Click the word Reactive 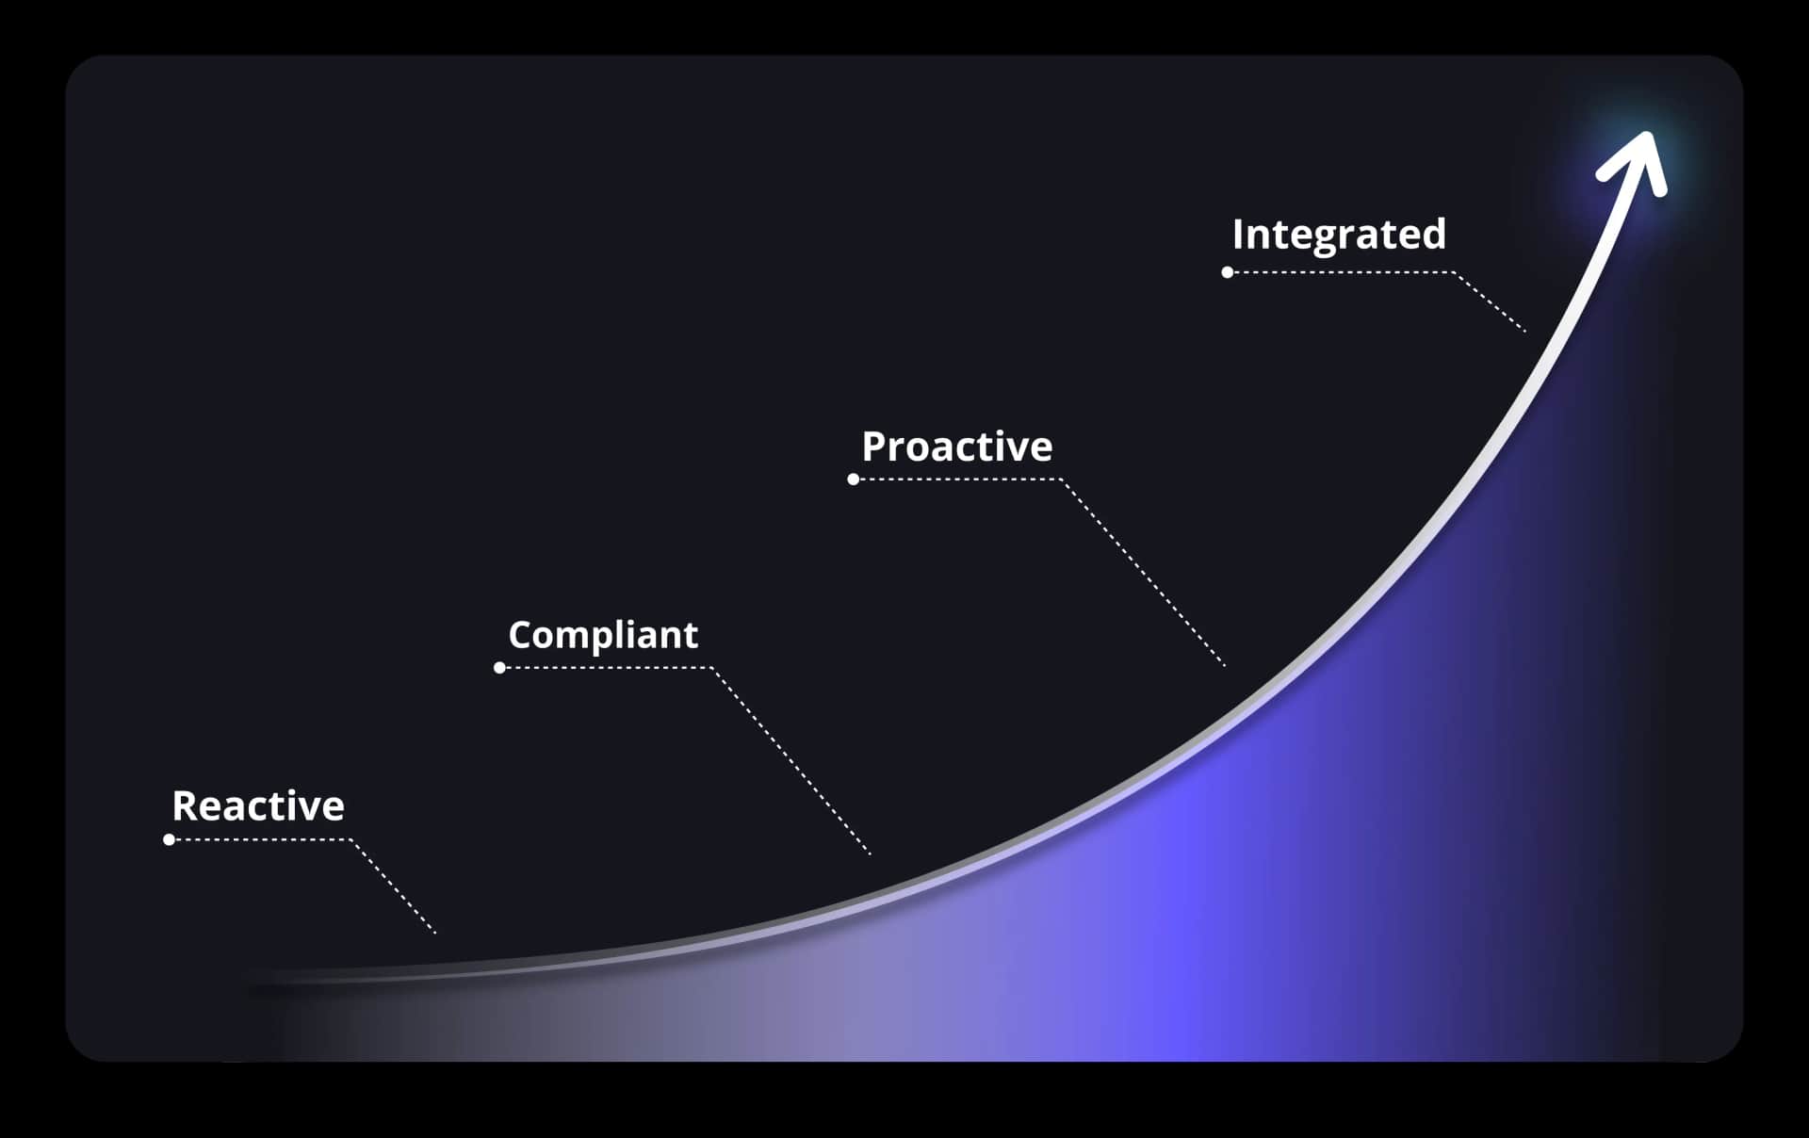tap(258, 806)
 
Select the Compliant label tap(603, 635)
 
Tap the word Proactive tap(956, 447)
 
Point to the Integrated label tap(1338, 235)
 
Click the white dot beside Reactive tap(170, 839)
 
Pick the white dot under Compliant tap(500, 668)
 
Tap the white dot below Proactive tap(854, 480)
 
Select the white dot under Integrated tap(1228, 272)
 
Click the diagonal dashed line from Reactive tap(394, 886)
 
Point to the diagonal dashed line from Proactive tap(1144, 573)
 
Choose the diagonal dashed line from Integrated tap(1490, 301)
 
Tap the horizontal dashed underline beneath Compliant tap(607, 668)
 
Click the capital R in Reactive tap(185, 806)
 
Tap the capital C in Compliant tap(521, 635)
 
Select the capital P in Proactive tap(875, 447)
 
